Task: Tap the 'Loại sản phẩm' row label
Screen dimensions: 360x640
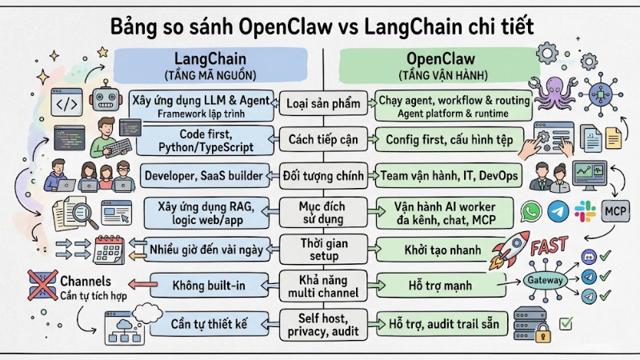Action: pyautogui.click(x=322, y=104)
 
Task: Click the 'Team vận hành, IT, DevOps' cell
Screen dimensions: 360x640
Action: pyautogui.click(x=450, y=174)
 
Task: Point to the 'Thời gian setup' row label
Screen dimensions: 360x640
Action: pyautogui.click(x=322, y=250)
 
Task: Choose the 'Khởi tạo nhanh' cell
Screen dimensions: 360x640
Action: pyautogui.click(x=438, y=250)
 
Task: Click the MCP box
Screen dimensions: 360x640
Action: pyautogui.click(x=614, y=211)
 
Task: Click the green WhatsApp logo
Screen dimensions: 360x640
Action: pyautogui.click(x=531, y=210)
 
